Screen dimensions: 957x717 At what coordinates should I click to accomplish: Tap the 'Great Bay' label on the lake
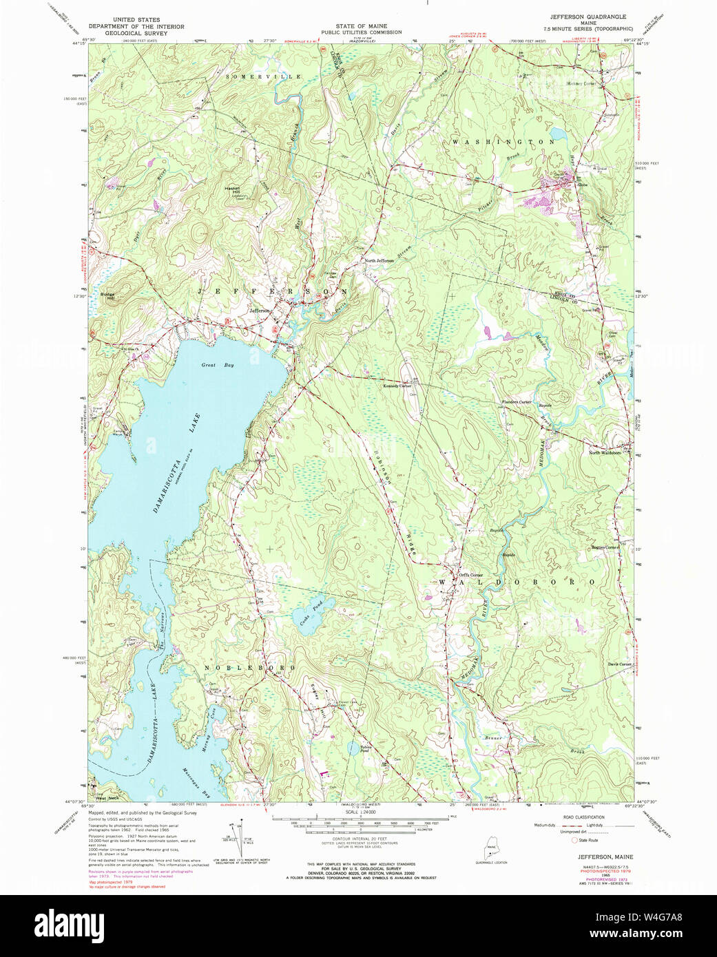(218, 365)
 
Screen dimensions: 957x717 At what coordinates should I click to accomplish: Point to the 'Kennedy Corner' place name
(397, 386)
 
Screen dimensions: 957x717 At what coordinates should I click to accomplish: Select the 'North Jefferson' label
(380, 261)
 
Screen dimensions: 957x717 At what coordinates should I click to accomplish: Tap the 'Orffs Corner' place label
(471, 576)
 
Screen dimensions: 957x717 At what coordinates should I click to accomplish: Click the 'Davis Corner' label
(619, 664)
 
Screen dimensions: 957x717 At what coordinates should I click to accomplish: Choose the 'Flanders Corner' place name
(516, 402)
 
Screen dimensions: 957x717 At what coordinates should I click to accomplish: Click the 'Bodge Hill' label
(107, 296)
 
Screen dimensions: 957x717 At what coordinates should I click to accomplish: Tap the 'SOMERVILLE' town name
(264, 76)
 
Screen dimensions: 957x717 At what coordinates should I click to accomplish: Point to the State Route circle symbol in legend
(573, 840)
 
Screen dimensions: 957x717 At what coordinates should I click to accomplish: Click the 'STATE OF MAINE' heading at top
(358, 25)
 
